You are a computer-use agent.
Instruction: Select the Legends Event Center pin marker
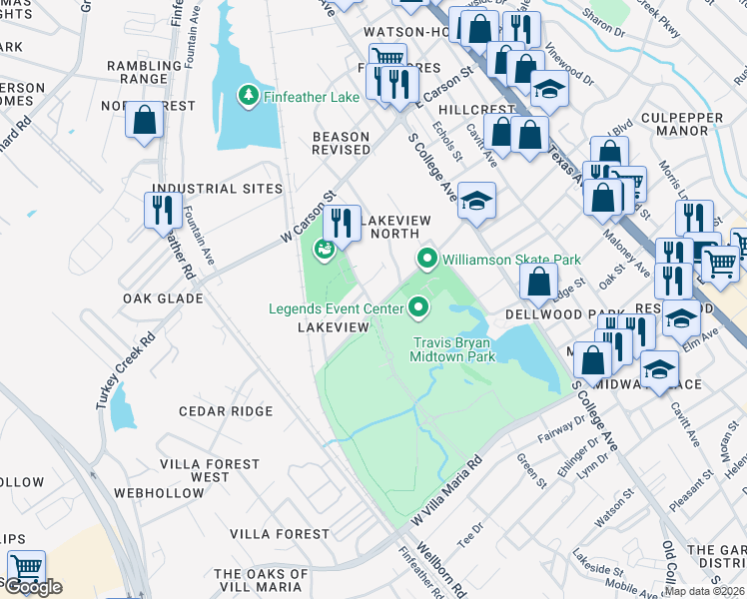pyautogui.click(x=417, y=308)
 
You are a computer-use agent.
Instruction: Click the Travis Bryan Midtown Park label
pyautogui.click(x=454, y=348)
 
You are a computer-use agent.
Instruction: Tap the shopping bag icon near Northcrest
pyautogui.click(x=145, y=122)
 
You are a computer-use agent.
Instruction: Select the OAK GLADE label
pyautogui.click(x=163, y=299)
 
